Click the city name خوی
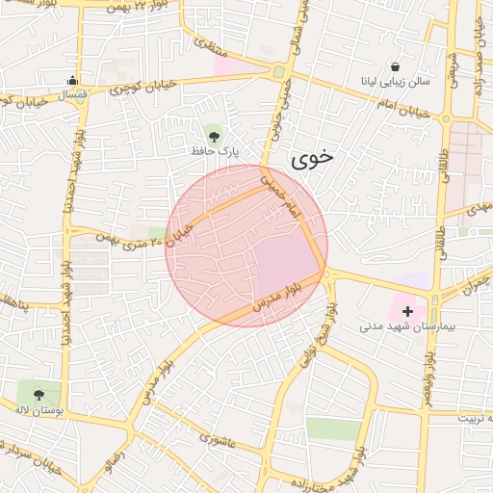click(312, 160)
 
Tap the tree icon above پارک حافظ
click(213, 133)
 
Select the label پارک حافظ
click(214, 151)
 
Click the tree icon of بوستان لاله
click(39, 394)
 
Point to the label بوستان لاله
click(39, 411)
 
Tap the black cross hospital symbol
click(408, 311)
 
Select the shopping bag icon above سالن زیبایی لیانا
click(396, 66)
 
